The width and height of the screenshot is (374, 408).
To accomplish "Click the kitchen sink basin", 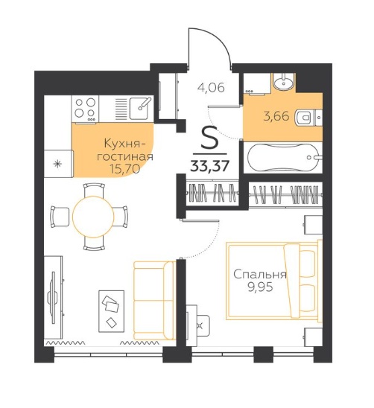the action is [x=140, y=108].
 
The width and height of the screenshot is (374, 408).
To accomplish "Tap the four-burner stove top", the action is [x=85, y=109].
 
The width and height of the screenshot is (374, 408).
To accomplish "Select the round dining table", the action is [x=93, y=217].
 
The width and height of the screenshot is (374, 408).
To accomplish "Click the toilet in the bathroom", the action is [x=304, y=118].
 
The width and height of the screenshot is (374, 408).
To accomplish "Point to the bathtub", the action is [x=283, y=157].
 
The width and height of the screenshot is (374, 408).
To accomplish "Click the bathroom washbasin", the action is [x=283, y=81].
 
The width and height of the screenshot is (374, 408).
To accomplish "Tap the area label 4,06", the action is [x=211, y=88].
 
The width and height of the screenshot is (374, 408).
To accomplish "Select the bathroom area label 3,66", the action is [x=276, y=116].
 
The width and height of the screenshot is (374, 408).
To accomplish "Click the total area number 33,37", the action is [x=209, y=165].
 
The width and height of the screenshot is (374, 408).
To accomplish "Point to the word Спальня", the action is [x=260, y=275].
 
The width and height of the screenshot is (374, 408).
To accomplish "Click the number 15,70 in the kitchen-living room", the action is [x=125, y=170].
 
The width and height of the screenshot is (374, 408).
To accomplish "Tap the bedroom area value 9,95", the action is [x=260, y=287].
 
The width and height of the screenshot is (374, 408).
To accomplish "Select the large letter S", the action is [x=210, y=138].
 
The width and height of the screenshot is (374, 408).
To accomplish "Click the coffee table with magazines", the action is [x=111, y=311].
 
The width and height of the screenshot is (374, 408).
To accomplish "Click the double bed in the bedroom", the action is [x=273, y=281].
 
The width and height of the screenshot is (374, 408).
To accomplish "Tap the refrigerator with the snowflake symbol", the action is [x=58, y=164].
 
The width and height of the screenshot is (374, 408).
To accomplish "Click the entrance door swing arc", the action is [x=222, y=41].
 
